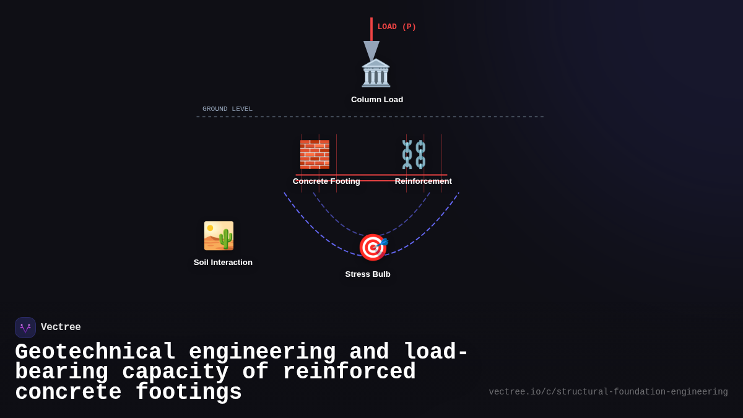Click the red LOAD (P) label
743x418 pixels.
click(396, 27)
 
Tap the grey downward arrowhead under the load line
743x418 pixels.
click(371, 50)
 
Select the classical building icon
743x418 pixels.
click(376, 73)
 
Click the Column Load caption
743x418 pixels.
click(376, 100)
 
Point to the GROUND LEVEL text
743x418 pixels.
click(227, 109)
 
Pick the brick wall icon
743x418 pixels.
click(315, 154)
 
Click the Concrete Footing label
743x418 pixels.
click(326, 181)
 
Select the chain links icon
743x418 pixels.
click(414, 154)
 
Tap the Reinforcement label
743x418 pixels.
click(423, 181)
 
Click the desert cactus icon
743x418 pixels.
click(219, 236)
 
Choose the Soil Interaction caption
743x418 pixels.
click(223, 263)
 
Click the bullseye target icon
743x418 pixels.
click(373, 247)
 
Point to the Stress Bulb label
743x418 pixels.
click(368, 274)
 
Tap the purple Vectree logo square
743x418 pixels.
click(25, 328)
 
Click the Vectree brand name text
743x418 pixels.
click(61, 328)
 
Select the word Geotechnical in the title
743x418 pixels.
click(95, 352)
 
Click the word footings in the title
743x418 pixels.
click(188, 393)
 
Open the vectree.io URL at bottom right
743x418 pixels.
click(608, 392)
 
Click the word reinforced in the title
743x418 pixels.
click(349, 372)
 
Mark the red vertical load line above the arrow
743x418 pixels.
click(371, 28)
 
